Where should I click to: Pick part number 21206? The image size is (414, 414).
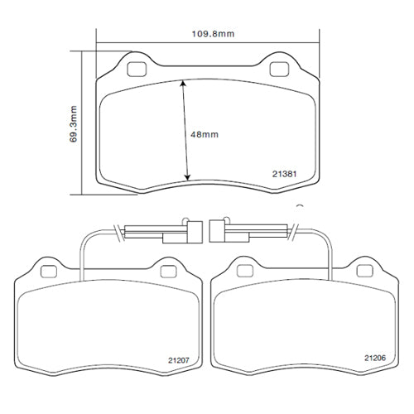point(374,358)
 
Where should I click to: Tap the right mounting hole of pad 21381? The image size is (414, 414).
point(278,66)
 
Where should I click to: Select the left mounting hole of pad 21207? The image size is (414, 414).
point(47,270)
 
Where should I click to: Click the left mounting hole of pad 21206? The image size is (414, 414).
point(243,270)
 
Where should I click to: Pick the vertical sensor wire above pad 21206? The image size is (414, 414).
point(330,253)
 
